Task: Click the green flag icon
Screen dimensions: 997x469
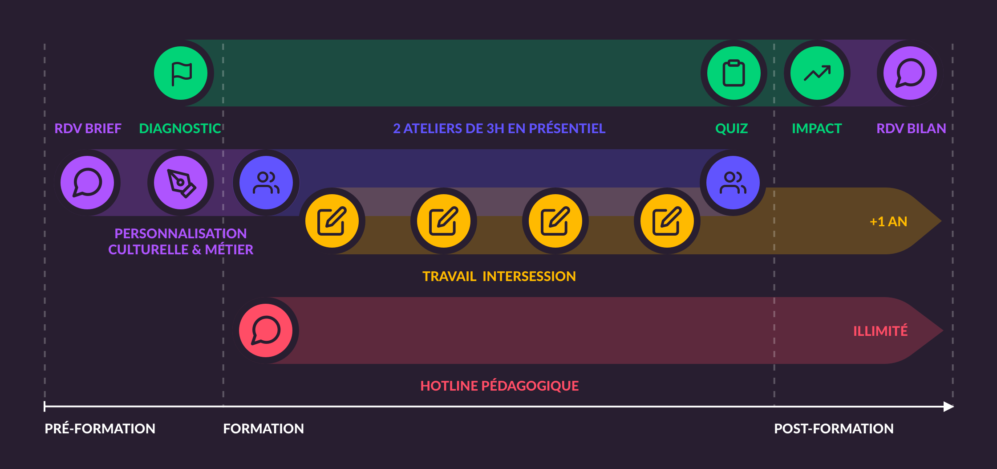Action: (x=181, y=73)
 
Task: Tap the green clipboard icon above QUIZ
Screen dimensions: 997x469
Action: (x=734, y=73)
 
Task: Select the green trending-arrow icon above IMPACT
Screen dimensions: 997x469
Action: (x=817, y=73)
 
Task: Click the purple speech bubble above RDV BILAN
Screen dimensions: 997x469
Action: (x=910, y=73)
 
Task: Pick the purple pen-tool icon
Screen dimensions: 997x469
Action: (x=181, y=183)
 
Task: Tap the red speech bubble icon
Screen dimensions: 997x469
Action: (x=266, y=330)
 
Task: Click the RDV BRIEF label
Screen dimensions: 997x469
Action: (x=88, y=129)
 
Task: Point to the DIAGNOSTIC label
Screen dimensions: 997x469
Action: (x=180, y=129)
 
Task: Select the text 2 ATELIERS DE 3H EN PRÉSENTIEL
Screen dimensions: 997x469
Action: (x=499, y=129)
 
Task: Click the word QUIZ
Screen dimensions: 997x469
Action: (x=731, y=129)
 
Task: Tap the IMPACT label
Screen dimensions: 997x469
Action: (x=817, y=129)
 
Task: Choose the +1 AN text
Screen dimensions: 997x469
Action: (x=888, y=221)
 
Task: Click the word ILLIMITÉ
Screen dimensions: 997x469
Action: (x=880, y=331)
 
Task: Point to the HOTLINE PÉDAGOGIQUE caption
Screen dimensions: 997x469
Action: (x=499, y=386)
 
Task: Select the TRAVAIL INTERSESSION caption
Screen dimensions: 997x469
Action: (x=499, y=276)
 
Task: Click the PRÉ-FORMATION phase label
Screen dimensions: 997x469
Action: (x=100, y=428)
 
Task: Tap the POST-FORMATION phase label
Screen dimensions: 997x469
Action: (x=834, y=428)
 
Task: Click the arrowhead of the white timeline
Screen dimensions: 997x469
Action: (x=948, y=406)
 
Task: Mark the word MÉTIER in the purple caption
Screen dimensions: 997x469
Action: (x=229, y=249)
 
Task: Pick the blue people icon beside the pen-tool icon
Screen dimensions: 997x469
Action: (x=266, y=183)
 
